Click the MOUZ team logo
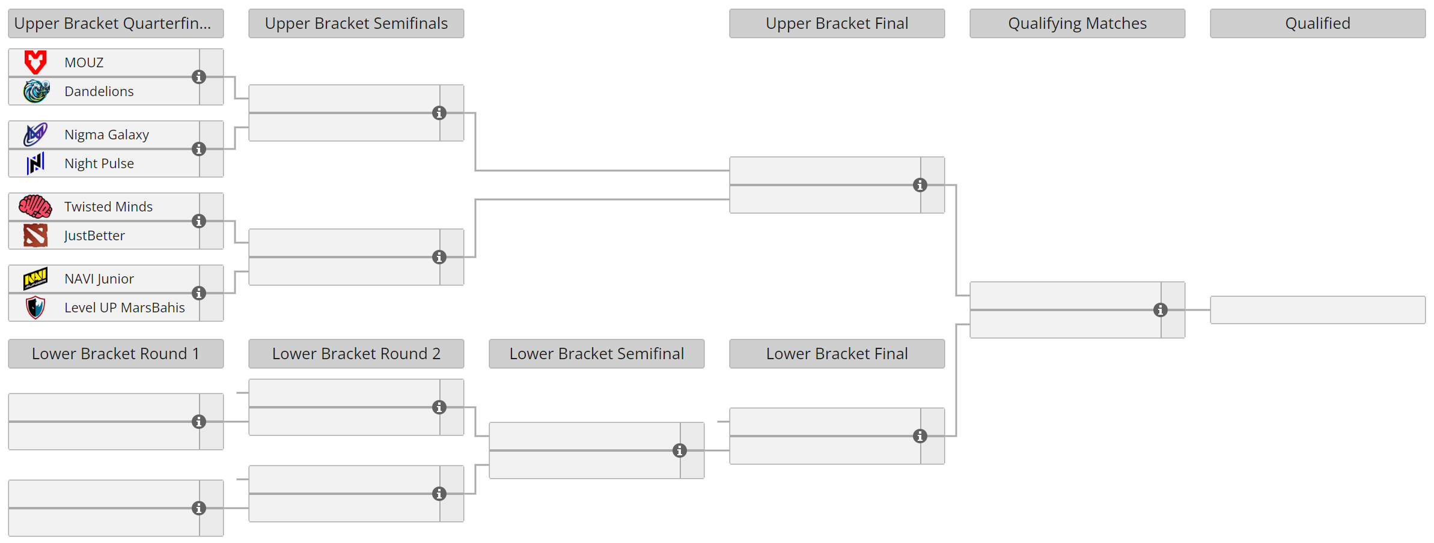(35, 62)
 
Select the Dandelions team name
(99, 91)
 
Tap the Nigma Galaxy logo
(35, 135)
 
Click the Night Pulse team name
(99, 163)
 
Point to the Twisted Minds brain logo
(35, 207)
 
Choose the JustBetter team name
(94, 235)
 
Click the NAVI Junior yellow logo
(35, 279)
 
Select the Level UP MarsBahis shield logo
(35, 308)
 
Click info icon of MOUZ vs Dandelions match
(199, 77)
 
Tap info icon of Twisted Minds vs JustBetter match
(199, 221)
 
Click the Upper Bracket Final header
(837, 23)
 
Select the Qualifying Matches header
(1077, 23)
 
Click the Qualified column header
(1317, 23)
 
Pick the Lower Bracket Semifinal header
(596, 354)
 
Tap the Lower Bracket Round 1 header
(115, 354)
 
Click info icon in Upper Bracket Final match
(920, 185)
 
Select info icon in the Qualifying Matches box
(1161, 310)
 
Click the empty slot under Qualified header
(1317, 310)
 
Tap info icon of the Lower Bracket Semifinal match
(680, 450)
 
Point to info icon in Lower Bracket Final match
(920, 436)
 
